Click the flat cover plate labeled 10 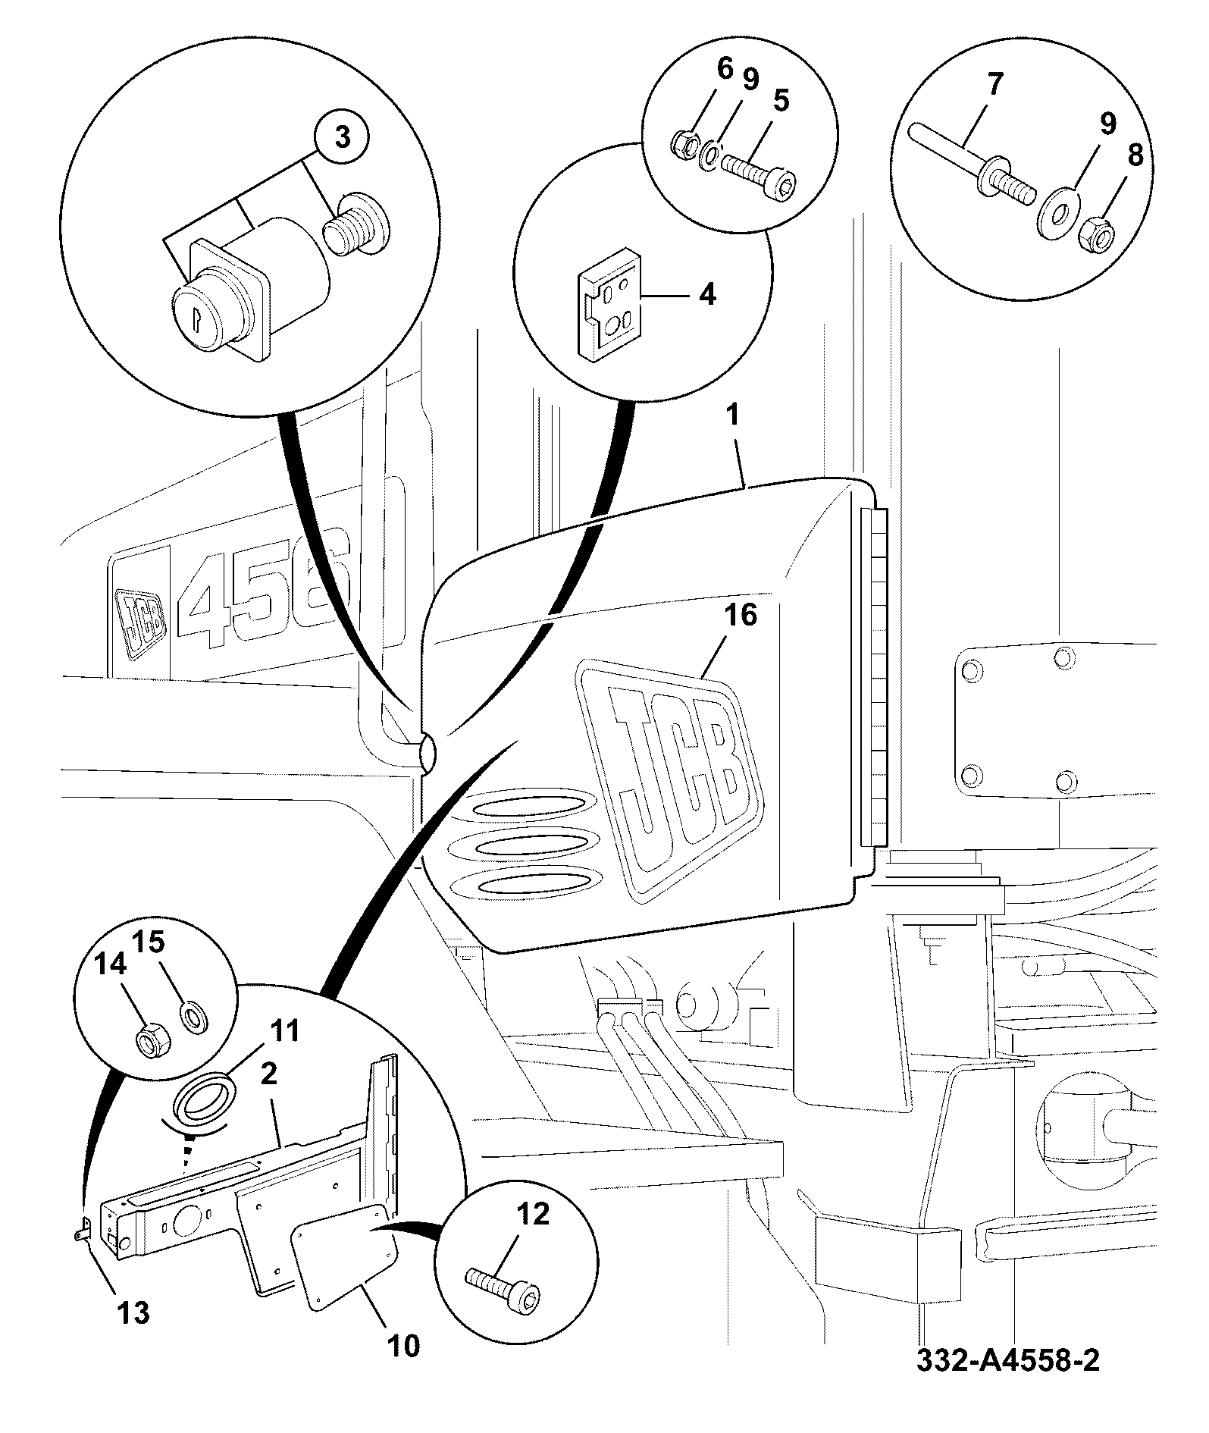coord(344,1251)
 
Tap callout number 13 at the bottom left coord(133,1312)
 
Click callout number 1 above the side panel coord(734,417)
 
